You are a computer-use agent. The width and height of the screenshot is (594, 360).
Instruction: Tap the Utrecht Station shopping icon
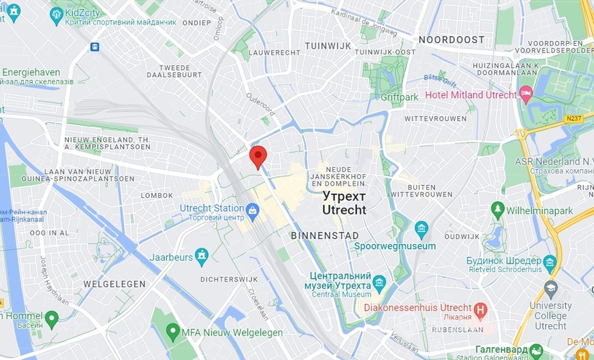point(253,210)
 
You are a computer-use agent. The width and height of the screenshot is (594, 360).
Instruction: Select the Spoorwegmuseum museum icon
point(421,230)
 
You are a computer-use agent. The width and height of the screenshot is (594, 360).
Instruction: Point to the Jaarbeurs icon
point(202,256)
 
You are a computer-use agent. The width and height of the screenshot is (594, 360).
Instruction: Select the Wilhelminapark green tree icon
point(497,210)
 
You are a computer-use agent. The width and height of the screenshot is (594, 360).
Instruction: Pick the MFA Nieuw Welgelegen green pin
point(172,332)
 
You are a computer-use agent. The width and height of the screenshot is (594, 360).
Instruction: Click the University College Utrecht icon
point(551,289)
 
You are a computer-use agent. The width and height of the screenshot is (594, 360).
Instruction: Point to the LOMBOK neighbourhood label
point(157,195)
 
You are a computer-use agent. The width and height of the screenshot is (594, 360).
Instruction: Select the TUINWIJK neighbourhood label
point(328,45)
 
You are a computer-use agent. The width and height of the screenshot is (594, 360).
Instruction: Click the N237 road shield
point(573,118)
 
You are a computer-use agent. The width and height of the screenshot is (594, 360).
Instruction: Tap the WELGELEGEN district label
point(114,284)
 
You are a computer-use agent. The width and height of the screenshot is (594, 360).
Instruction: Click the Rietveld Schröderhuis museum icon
point(551,261)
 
